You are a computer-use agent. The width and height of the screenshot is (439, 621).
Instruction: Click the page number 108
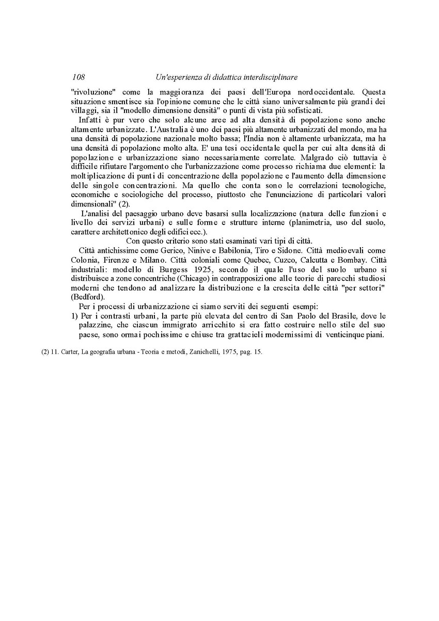79,77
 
